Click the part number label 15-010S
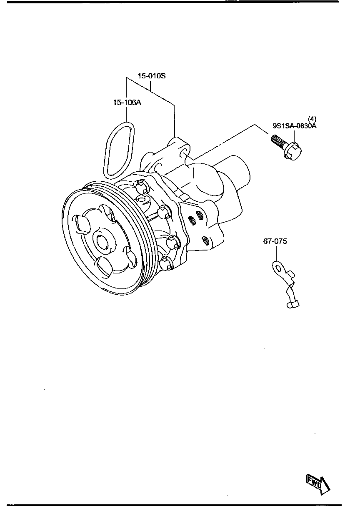(152, 76)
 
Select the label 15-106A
(126, 102)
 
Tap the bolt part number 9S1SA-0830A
(295, 125)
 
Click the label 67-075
(275, 241)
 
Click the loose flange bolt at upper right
(286, 147)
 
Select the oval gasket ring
(119, 149)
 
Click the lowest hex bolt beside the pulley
(166, 263)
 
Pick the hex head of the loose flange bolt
(293, 151)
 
